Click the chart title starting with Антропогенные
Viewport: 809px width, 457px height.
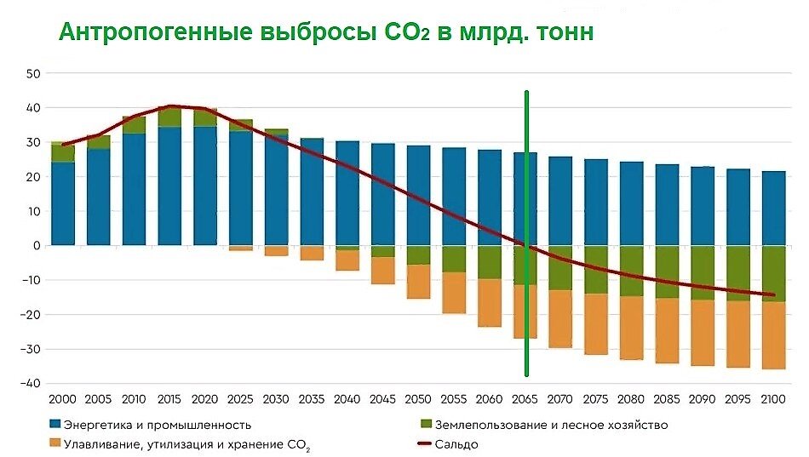325,33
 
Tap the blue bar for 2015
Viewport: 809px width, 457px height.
169,186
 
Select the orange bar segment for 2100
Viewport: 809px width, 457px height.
773,335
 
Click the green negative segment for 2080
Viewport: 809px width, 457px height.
631,271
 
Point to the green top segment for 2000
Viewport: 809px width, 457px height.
64,152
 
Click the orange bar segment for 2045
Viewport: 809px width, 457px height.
382,271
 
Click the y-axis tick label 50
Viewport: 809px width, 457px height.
34,73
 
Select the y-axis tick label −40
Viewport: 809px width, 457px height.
31,384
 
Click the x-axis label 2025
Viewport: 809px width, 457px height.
241,399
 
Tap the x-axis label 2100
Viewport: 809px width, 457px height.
773,399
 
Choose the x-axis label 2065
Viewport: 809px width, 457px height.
525,399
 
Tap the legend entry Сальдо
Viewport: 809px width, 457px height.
456,444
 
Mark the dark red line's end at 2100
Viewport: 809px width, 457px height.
773,295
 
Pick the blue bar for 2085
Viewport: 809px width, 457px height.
667,205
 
